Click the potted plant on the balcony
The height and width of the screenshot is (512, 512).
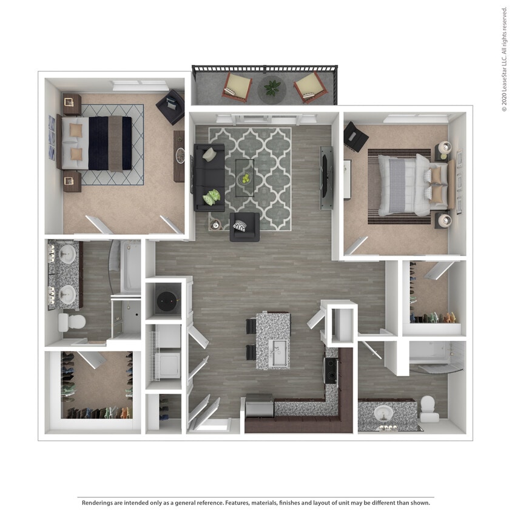[x=272, y=88]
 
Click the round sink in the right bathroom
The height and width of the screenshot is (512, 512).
[x=383, y=414]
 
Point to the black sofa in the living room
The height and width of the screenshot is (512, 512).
[x=208, y=178]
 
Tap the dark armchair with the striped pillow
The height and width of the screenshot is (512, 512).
[x=244, y=227]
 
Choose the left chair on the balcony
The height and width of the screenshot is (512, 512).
[x=237, y=87]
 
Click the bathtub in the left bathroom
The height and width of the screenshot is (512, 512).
[x=130, y=267]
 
